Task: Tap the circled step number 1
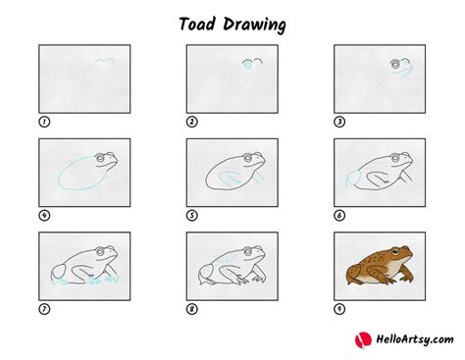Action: click(x=44, y=122)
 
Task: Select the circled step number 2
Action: click(x=192, y=122)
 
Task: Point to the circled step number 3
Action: click(x=339, y=122)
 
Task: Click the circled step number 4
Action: click(x=44, y=216)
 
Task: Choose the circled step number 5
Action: click(x=192, y=216)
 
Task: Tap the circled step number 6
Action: click(x=339, y=216)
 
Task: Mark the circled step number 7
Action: click(x=44, y=309)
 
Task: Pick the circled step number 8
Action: click(x=192, y=309)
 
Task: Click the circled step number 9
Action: click(x=339, y=309)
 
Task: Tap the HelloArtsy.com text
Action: click(x=407, y=339)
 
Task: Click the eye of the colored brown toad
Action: click(x=397, y=251)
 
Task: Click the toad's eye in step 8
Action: click(x=250, y=252)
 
